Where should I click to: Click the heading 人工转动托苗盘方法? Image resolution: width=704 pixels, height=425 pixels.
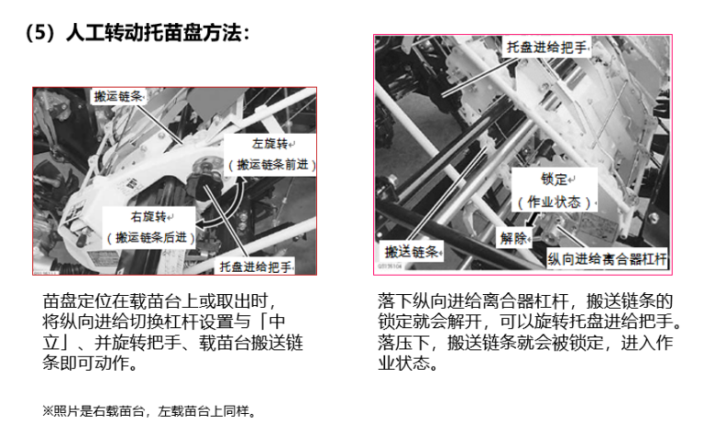[x=154, y=33]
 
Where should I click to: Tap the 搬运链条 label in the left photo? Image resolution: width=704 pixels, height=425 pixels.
[x=118, y=96]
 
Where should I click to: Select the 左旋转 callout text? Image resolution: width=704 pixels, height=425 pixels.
[x=269, y=144]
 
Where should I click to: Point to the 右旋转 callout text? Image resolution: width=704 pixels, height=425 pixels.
[x=148, y=216]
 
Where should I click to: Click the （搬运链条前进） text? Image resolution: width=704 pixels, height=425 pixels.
[x=272, y=165]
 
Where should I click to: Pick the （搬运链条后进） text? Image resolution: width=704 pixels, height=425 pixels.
[x=151, y=237]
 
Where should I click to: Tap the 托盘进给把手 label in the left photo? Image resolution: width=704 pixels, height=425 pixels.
[x=256, y=267]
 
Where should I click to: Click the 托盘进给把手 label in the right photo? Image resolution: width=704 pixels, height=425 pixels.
[x=547, y=47]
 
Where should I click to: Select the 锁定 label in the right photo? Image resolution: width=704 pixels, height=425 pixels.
[x=554, y=179]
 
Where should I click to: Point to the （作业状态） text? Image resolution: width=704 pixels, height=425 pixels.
[x=554, y=202]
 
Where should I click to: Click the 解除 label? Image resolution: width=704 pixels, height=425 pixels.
[x=513, y=237]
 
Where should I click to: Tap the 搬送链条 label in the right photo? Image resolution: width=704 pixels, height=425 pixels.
[x=412, y=252]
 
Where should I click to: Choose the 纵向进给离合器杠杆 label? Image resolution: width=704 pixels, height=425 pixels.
[x=607, y=258]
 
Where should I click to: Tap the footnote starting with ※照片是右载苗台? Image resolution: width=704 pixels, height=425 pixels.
[x=149, y=410]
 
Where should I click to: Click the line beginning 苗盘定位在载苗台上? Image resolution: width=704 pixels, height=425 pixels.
[x=159, y=300]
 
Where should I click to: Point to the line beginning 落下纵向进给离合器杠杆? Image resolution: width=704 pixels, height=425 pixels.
[x=525, y=300]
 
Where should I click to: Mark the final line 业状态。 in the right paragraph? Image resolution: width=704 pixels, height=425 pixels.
[x=408, y=363]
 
